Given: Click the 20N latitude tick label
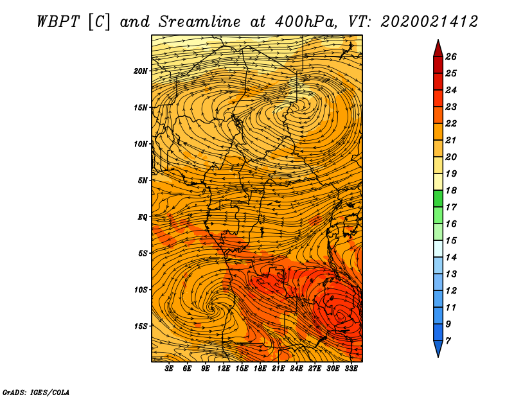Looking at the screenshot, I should [x=141, y=71].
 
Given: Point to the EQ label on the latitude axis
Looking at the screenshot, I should [x=143, y=216].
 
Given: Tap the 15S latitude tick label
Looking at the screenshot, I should [x=141, y=326].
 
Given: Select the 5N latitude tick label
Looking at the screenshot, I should [x=143, y=181].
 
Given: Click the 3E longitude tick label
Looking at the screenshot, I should [x=170, y=368].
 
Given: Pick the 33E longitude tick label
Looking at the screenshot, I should [x=351, y=368].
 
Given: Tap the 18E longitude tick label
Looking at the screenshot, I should [x=260, y=368].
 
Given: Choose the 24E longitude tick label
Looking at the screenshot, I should [x=297, y=368].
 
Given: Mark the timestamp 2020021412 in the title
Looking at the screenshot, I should [x=429, y=21].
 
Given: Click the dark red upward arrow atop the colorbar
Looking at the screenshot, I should [x=438, y=48].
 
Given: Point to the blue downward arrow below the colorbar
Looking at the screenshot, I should [x=438, y=348].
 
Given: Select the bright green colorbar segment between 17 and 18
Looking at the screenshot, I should [x=438, y=199].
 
